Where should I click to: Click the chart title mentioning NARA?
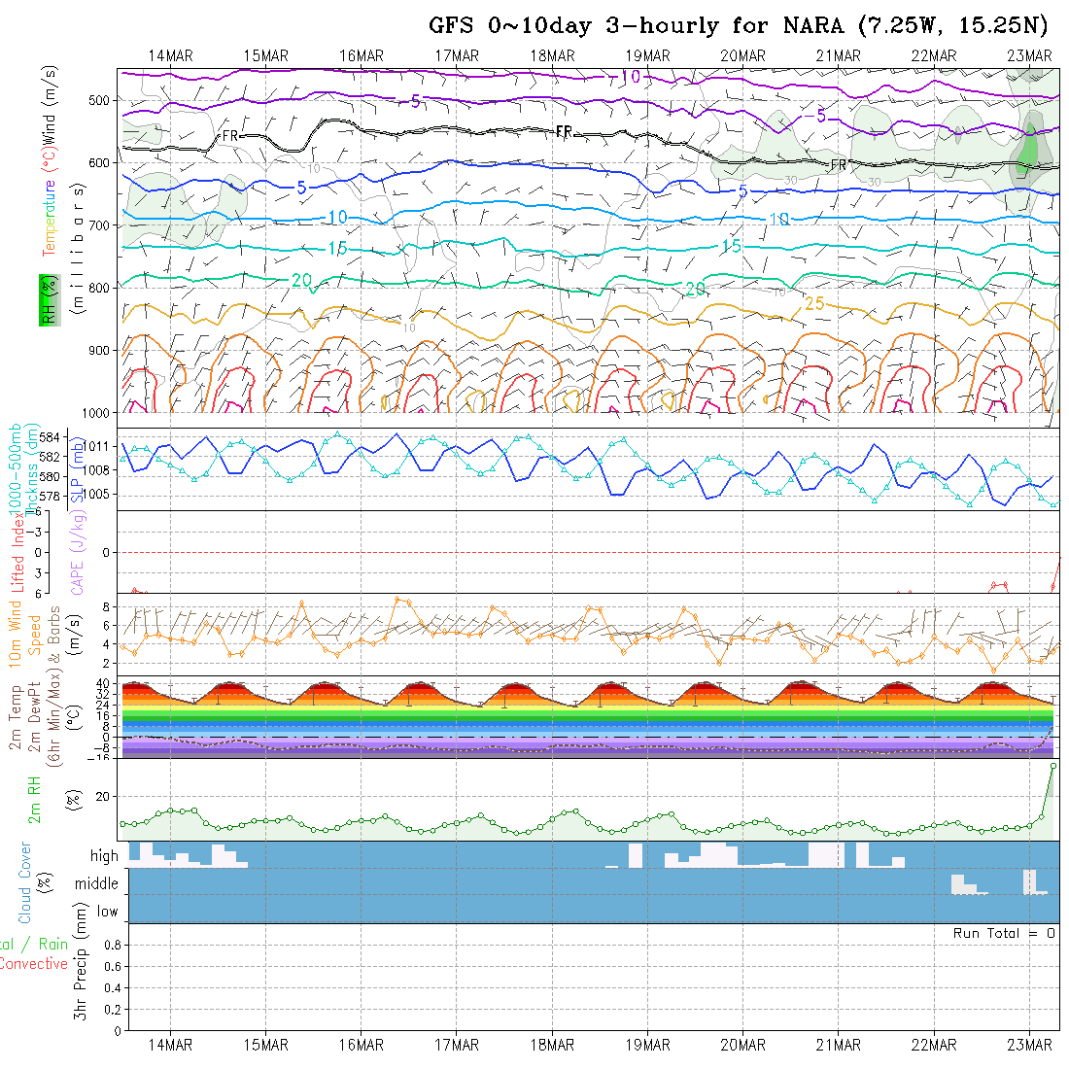[744, 25]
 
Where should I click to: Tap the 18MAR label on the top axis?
[552, 55]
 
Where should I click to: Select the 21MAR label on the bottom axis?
[838, 1045]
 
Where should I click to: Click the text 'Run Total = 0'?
[1004, 933]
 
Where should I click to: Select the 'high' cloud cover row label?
[104, 856]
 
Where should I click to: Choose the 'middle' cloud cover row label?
[97, 883]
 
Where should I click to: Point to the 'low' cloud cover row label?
[107, 912]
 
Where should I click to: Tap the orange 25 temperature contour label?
[814, 303]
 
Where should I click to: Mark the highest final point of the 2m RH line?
[1053, 766]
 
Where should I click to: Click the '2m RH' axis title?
[35, 800]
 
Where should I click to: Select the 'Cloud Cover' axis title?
[24, 883]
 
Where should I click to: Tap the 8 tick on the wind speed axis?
[111, 606]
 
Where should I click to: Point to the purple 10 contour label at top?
[630, 76]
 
